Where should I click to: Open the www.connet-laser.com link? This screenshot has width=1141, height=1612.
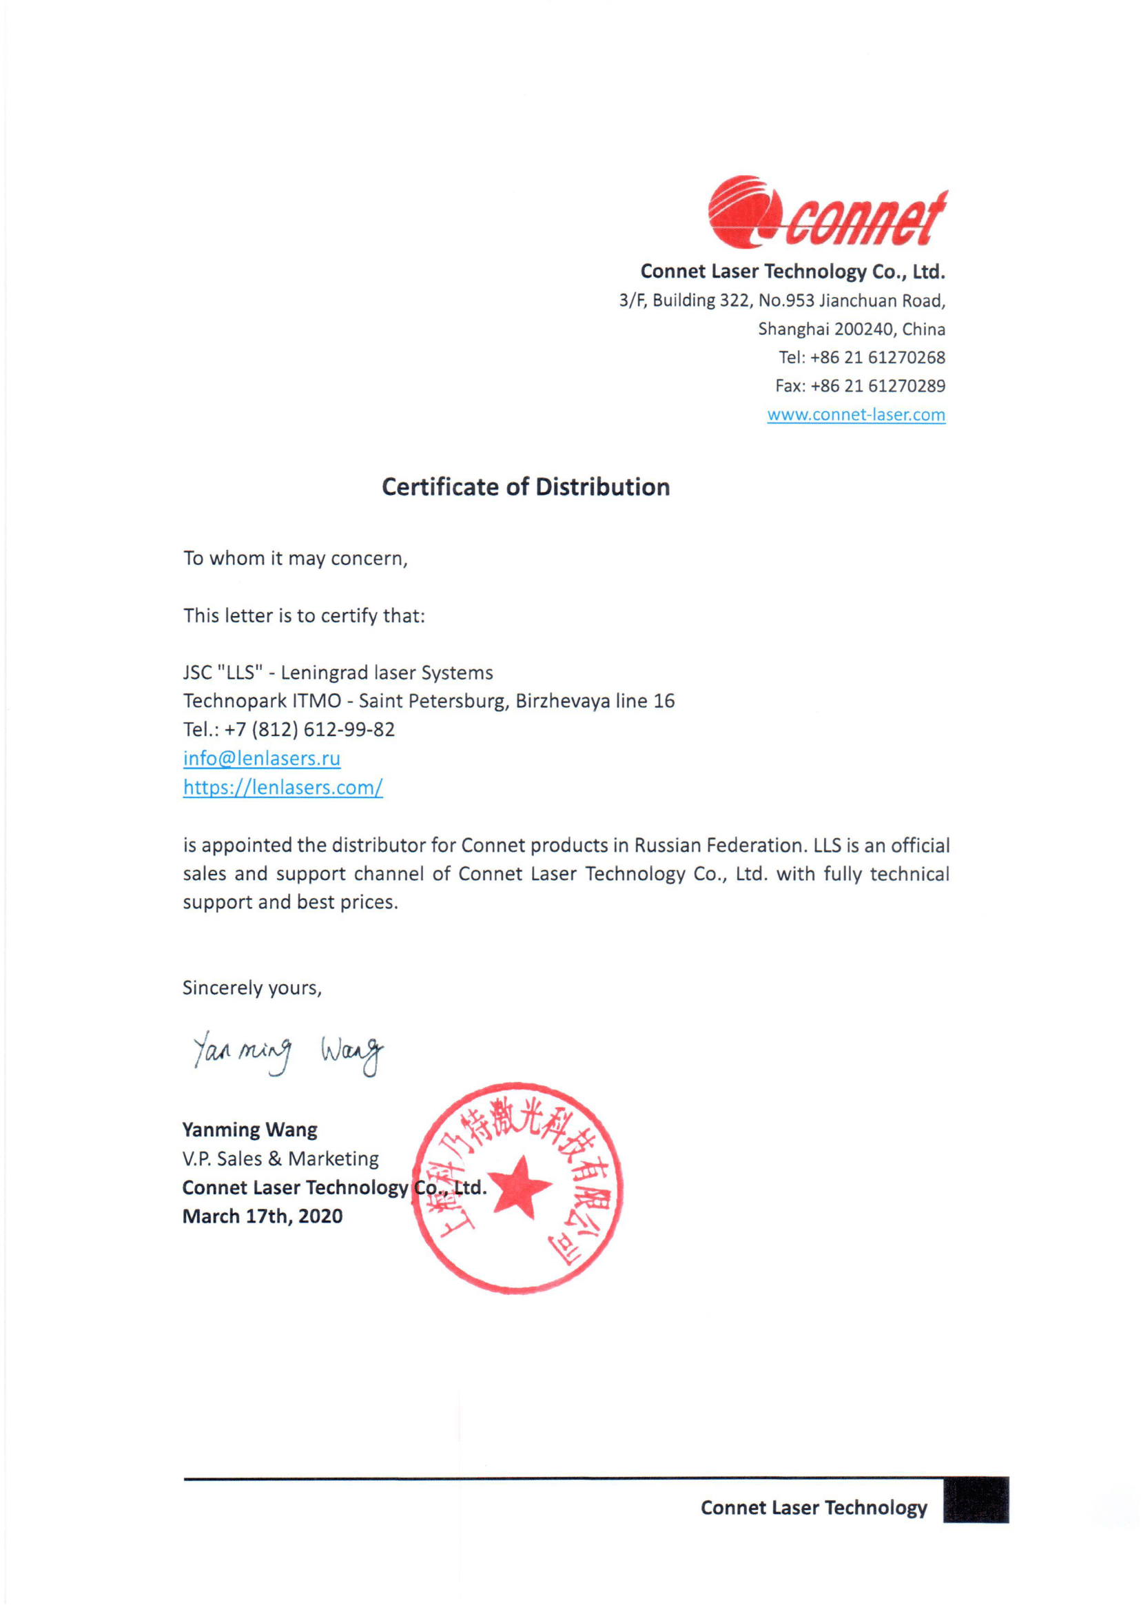click(856, 415)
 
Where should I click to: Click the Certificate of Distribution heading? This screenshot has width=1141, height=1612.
click(526, 487)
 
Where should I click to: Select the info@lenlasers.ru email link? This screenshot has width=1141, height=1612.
click(261, 758)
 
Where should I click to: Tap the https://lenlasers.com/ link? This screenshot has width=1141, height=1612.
click(282, 787)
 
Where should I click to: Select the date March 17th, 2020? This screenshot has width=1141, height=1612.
click(262, 1216)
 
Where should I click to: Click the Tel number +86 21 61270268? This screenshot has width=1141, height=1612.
click(878, 358)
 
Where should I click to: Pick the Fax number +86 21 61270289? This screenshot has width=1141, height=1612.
click(878, 386)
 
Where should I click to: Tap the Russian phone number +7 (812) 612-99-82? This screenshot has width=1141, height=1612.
click(309, 729)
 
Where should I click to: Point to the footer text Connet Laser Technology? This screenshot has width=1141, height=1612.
click(814, 1508)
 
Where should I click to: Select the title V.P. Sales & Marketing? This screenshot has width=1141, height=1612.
click(280, 1159)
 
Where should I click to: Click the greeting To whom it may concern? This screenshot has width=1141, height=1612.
click(295, 559)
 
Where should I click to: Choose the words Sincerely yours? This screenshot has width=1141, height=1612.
click(251, 988)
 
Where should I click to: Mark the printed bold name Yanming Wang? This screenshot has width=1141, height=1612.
click(249, 1130)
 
